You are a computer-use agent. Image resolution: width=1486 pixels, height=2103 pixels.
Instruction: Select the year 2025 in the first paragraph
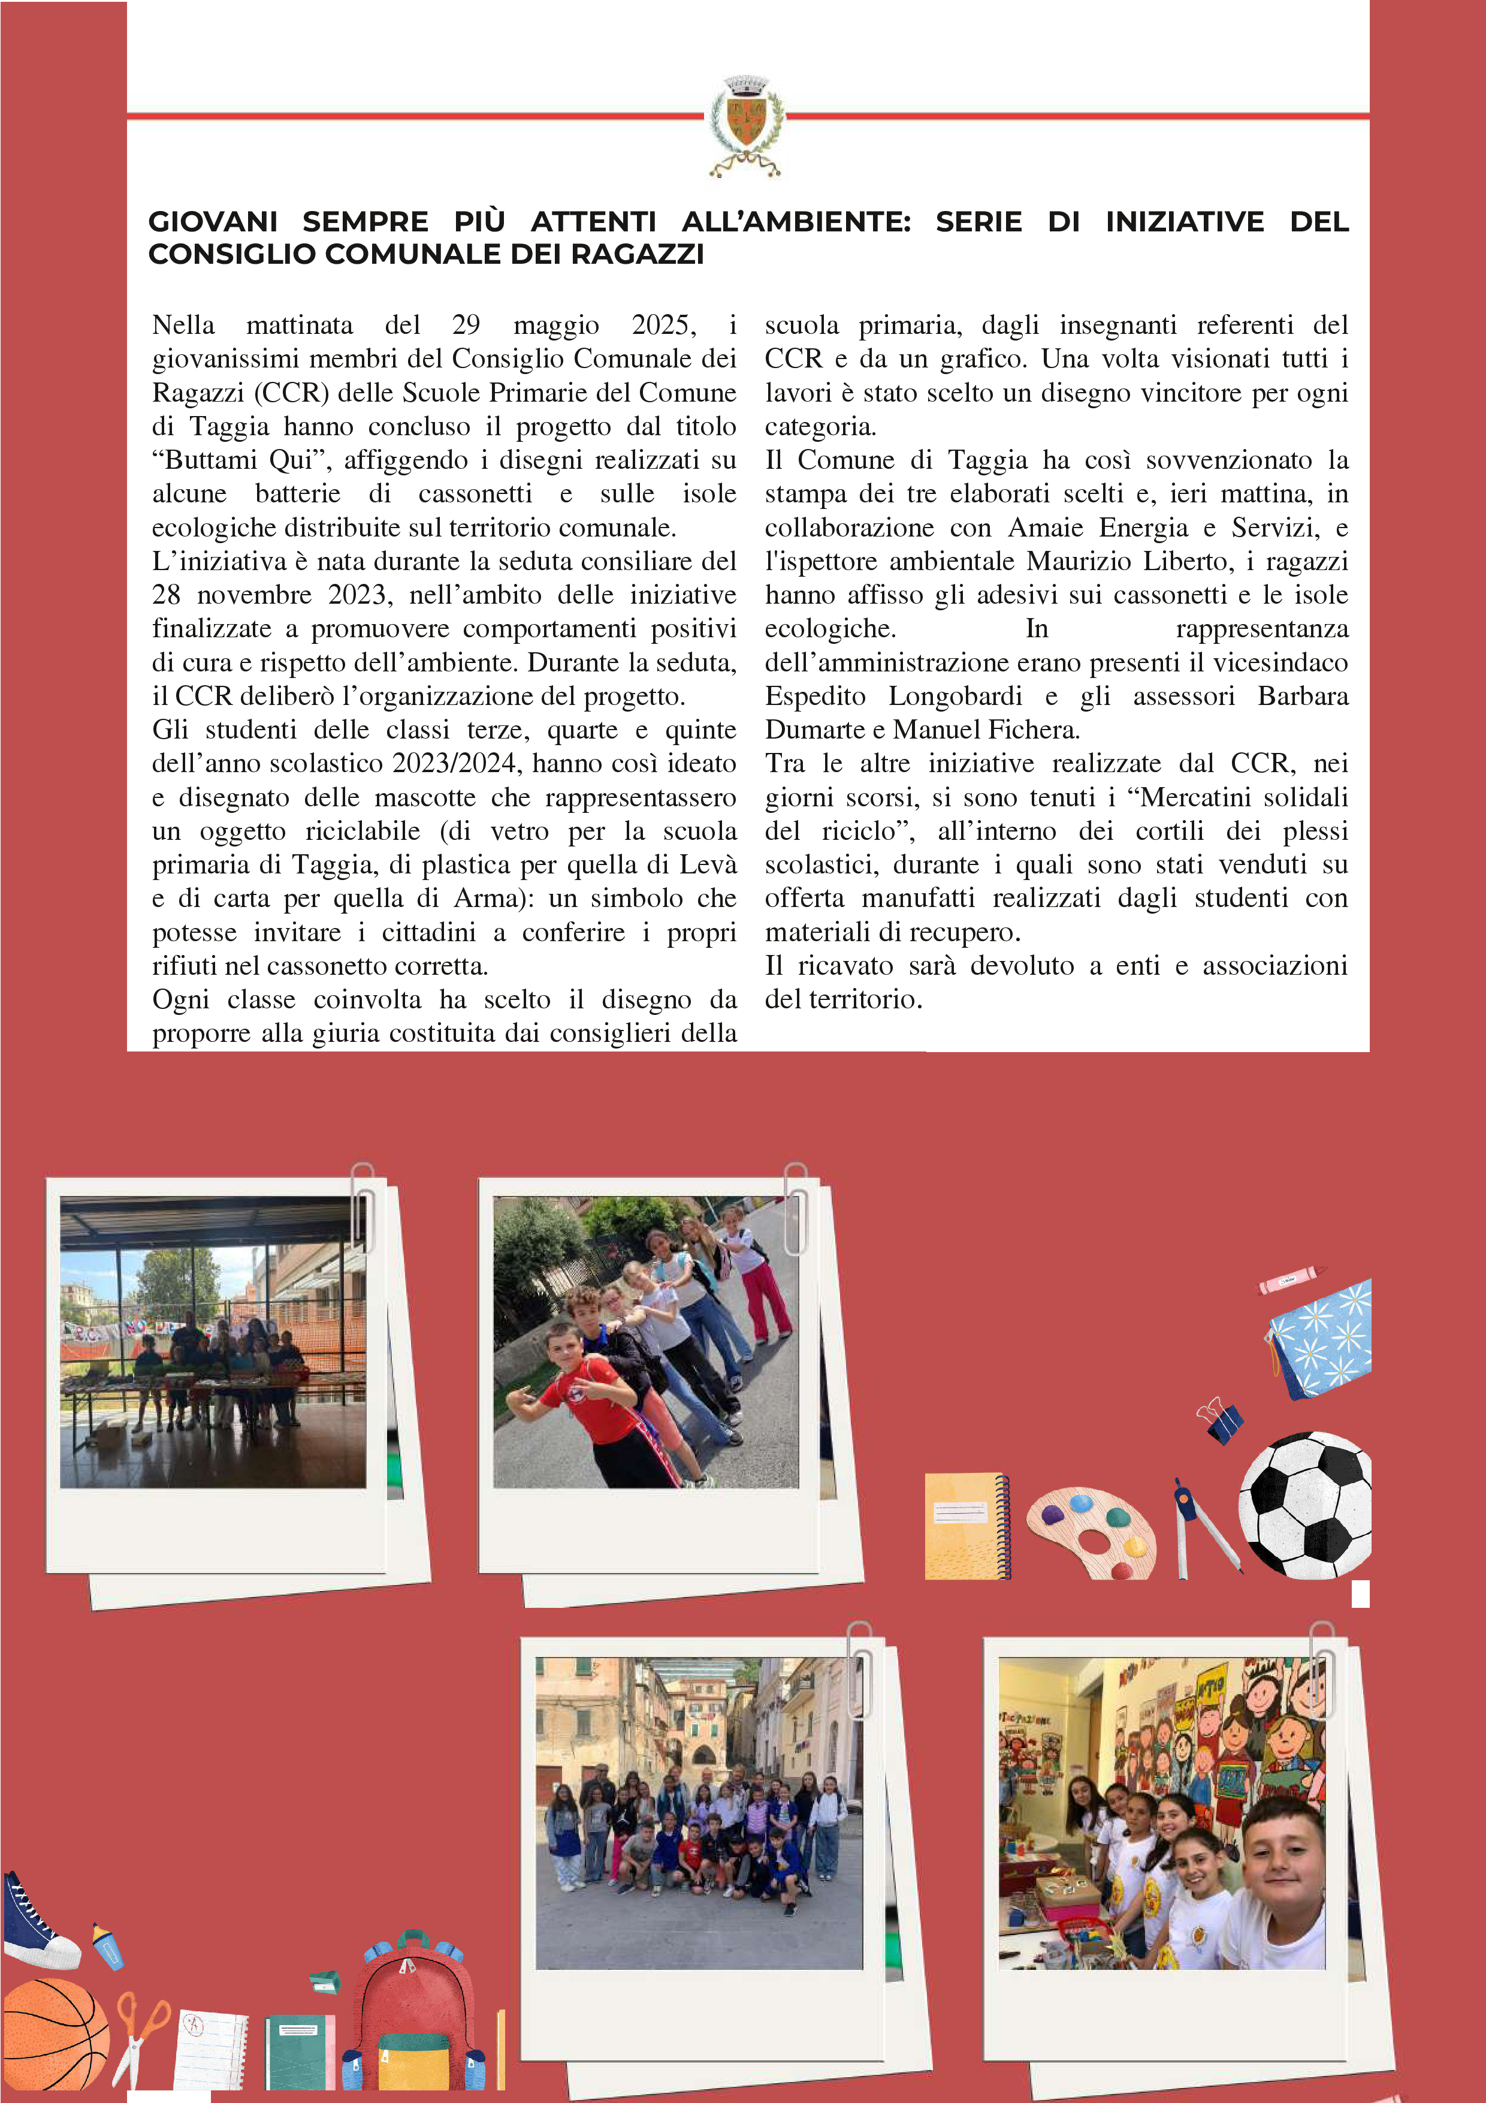click(663, 325)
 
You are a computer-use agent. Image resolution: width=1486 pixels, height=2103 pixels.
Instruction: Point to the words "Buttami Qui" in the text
click(241, 460)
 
